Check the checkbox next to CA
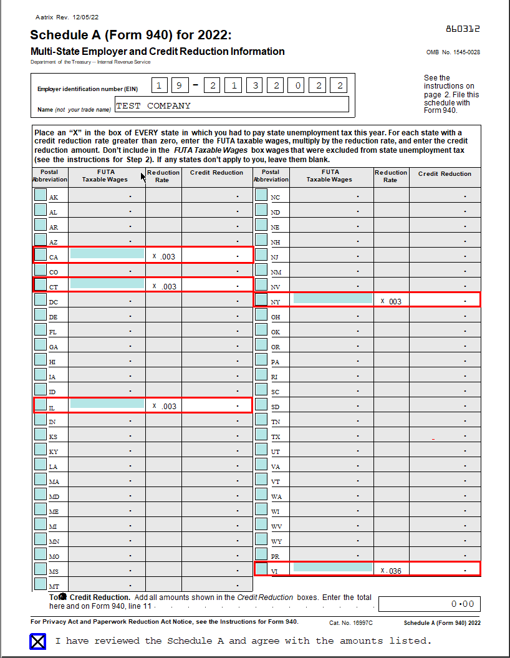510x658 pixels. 41,255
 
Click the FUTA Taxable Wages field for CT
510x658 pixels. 107,284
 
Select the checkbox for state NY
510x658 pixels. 262,300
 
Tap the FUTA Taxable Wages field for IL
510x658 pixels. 107,404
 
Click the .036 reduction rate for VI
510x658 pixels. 393,571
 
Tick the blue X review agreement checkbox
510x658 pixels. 38,641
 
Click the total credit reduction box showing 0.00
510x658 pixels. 429,604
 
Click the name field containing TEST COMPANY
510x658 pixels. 231,105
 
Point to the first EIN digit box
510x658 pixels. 160,85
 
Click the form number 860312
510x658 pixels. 463,29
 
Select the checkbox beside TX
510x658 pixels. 262,435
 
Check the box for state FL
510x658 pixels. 41,330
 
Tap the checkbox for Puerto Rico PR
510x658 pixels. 262,554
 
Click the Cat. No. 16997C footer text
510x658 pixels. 350,622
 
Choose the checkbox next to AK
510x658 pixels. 41,195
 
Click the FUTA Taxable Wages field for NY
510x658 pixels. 332,299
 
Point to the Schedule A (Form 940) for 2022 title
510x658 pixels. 130,35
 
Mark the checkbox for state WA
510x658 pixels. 262,495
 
